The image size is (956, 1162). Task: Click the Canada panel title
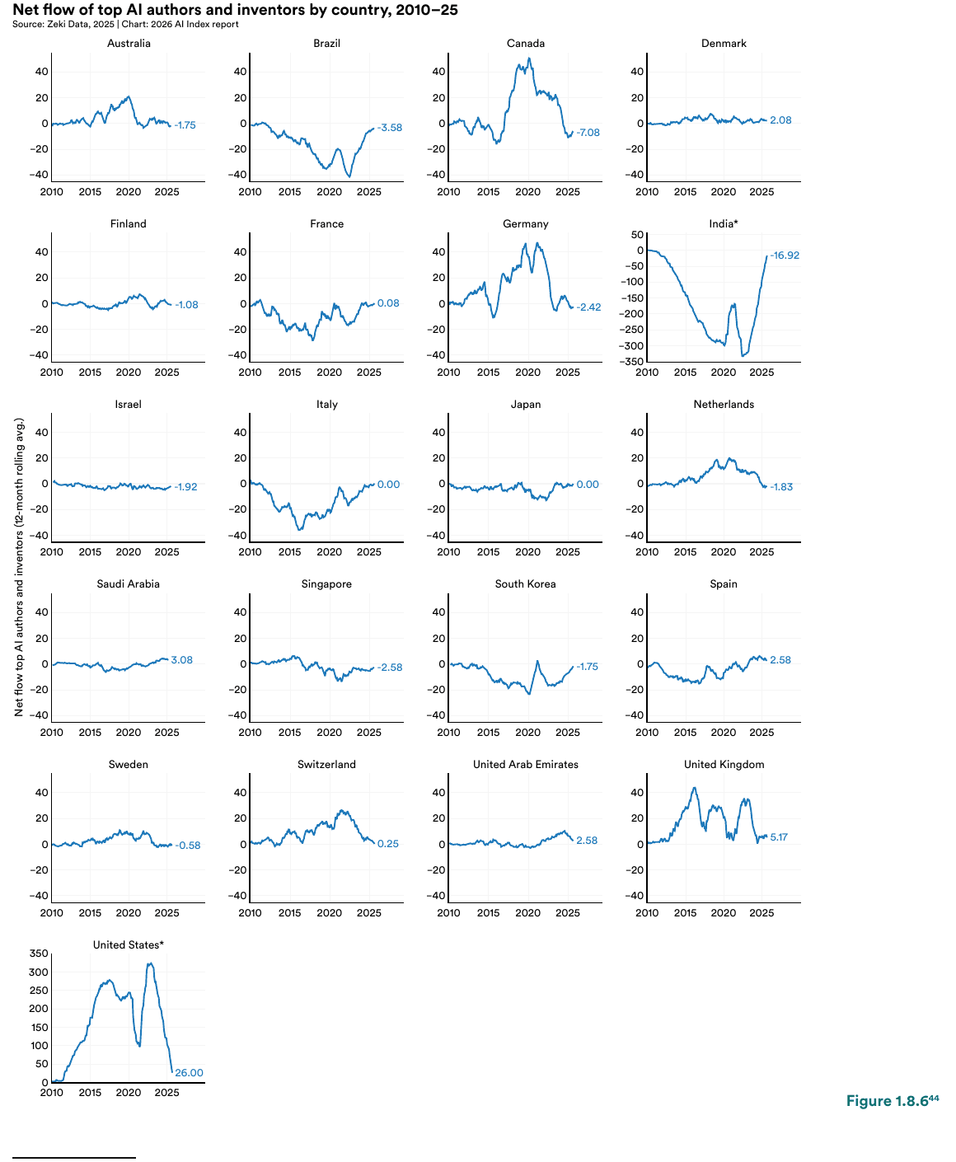(526, 44)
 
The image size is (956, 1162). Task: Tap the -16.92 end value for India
(785, 255)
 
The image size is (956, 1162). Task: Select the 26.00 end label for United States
(189, 1073)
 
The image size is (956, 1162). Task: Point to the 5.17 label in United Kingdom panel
(779, 837)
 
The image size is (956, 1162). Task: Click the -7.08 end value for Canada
(588, 133)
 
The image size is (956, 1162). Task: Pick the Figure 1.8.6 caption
(892, 1102)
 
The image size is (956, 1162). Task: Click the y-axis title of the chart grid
(19, 567)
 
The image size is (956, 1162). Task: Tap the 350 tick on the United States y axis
(39, 953)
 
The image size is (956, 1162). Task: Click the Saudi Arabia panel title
(129, 584)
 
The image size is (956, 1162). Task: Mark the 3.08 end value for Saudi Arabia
(182, 660)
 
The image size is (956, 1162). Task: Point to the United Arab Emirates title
(526, 765)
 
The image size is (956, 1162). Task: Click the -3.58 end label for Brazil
(390, 128)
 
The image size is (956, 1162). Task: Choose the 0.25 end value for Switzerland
(388, 844)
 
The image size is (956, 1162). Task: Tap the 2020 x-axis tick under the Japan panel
(527, 552)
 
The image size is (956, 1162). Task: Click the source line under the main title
(125, 25)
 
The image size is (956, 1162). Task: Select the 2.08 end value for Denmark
(780, 120)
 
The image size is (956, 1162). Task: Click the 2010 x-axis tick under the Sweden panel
(52, 913)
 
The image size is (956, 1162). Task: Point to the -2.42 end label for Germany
(589, 307)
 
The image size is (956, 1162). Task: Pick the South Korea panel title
(526, 584)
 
